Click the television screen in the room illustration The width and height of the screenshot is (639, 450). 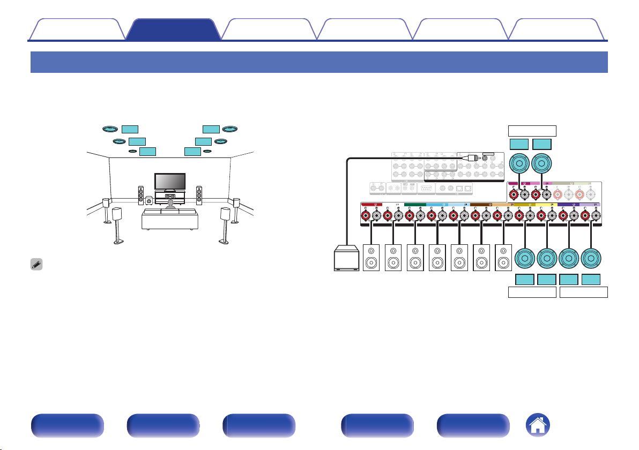coord(170,181)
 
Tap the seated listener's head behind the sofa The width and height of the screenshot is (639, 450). coord(170,204)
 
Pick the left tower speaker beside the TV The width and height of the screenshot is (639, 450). coord(141,197)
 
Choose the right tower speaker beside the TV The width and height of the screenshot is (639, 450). coord(199,197)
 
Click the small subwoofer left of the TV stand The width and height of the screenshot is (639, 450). coord(149,202)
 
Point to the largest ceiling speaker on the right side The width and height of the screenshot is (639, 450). coord(230,129)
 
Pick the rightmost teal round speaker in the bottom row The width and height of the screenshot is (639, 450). coord(591,258)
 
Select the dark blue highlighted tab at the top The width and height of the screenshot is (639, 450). coord(173,29)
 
